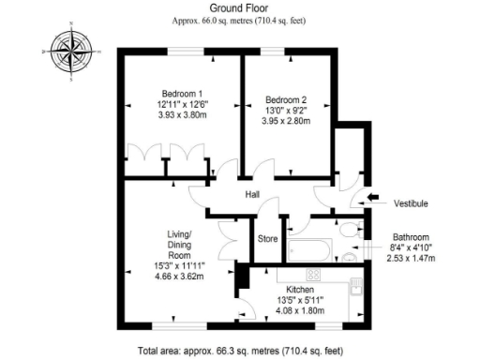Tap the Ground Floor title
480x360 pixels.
click(240, 7)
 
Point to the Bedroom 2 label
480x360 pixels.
click(285, 99)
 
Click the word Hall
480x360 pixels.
click(253, 194)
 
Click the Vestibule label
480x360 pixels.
click(411, 202)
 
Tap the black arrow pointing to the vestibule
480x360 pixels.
click(372, 197)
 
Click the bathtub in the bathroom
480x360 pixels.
click(309, 250)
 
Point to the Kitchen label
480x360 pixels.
click(299, 289)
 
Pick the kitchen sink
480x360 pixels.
click(355, 289)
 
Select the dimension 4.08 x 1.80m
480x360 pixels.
click(299, 310)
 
